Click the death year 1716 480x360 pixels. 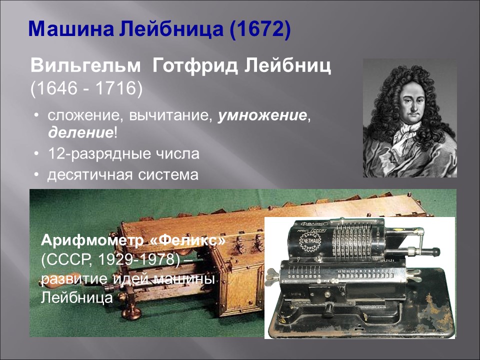point(116,88)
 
